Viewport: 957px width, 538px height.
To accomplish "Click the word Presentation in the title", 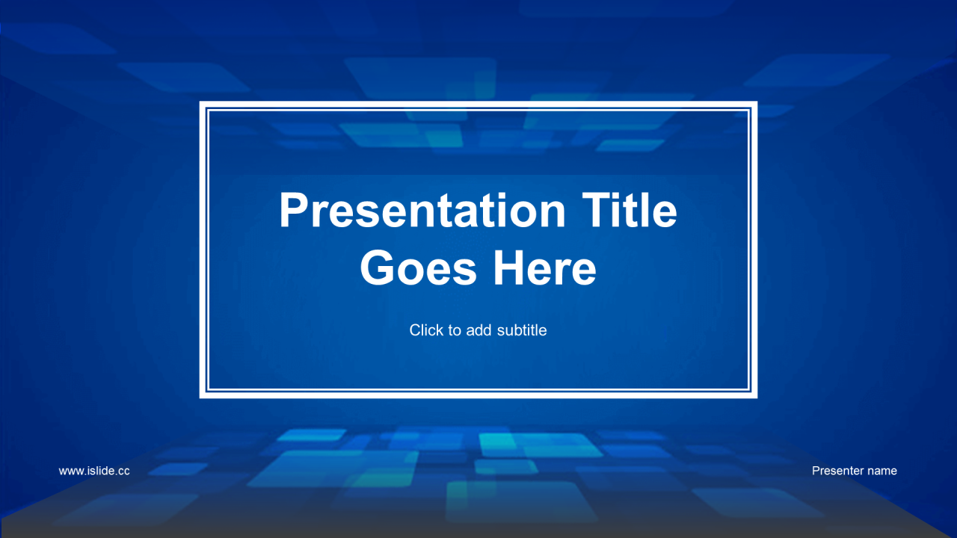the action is pyautogui.click(x=422, y=211).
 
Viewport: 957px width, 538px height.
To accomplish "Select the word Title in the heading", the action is pyautogui.click(x=630, y=210).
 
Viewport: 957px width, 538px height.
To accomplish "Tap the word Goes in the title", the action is pyautogui.click(x=418, y=268).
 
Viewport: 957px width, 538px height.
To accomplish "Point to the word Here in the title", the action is pyautogui.click(x=545, y=268).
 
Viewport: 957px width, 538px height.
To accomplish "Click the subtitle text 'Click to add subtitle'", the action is pyautogui.click(x=478, y=330).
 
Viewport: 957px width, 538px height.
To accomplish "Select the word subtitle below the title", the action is pyautogui.click(x=522, y=330).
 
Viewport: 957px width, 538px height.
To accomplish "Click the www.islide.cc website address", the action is pyautogui.click(x=94, y=471).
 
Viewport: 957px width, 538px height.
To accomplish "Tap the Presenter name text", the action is pyautogui.click(x=854, y=471).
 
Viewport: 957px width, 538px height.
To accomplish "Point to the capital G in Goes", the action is pyautogui.click(x=376, y=268).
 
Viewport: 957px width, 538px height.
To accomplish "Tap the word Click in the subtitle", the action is pyautogui.click(x=426, y=330).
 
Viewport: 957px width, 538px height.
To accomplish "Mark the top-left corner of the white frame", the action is pyautogui.click(x=200, y=102).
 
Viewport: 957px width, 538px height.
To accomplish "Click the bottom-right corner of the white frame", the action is pyautogui.click(x=757, y=398).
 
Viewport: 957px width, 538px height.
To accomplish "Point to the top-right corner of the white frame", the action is pyautogui.click(x=757, y=102).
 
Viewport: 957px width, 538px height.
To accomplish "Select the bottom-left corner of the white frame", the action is pyautogui.click(x=200, y=398).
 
